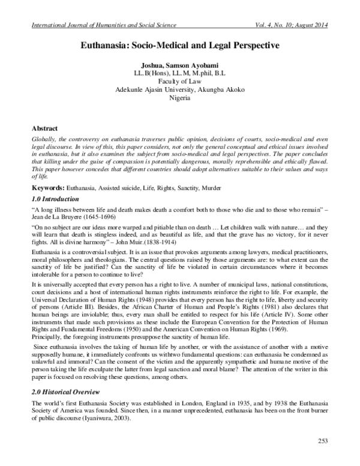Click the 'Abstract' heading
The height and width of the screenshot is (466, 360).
(47, 129)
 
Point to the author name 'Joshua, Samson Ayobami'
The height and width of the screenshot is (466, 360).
(179, 64)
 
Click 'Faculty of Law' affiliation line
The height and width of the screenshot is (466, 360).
(179, 80)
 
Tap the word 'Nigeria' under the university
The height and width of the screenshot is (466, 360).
(179, 97)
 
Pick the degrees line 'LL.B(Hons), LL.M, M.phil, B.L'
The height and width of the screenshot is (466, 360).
(179, 73)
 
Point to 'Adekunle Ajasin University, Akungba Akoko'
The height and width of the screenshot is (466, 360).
(179, 89)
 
